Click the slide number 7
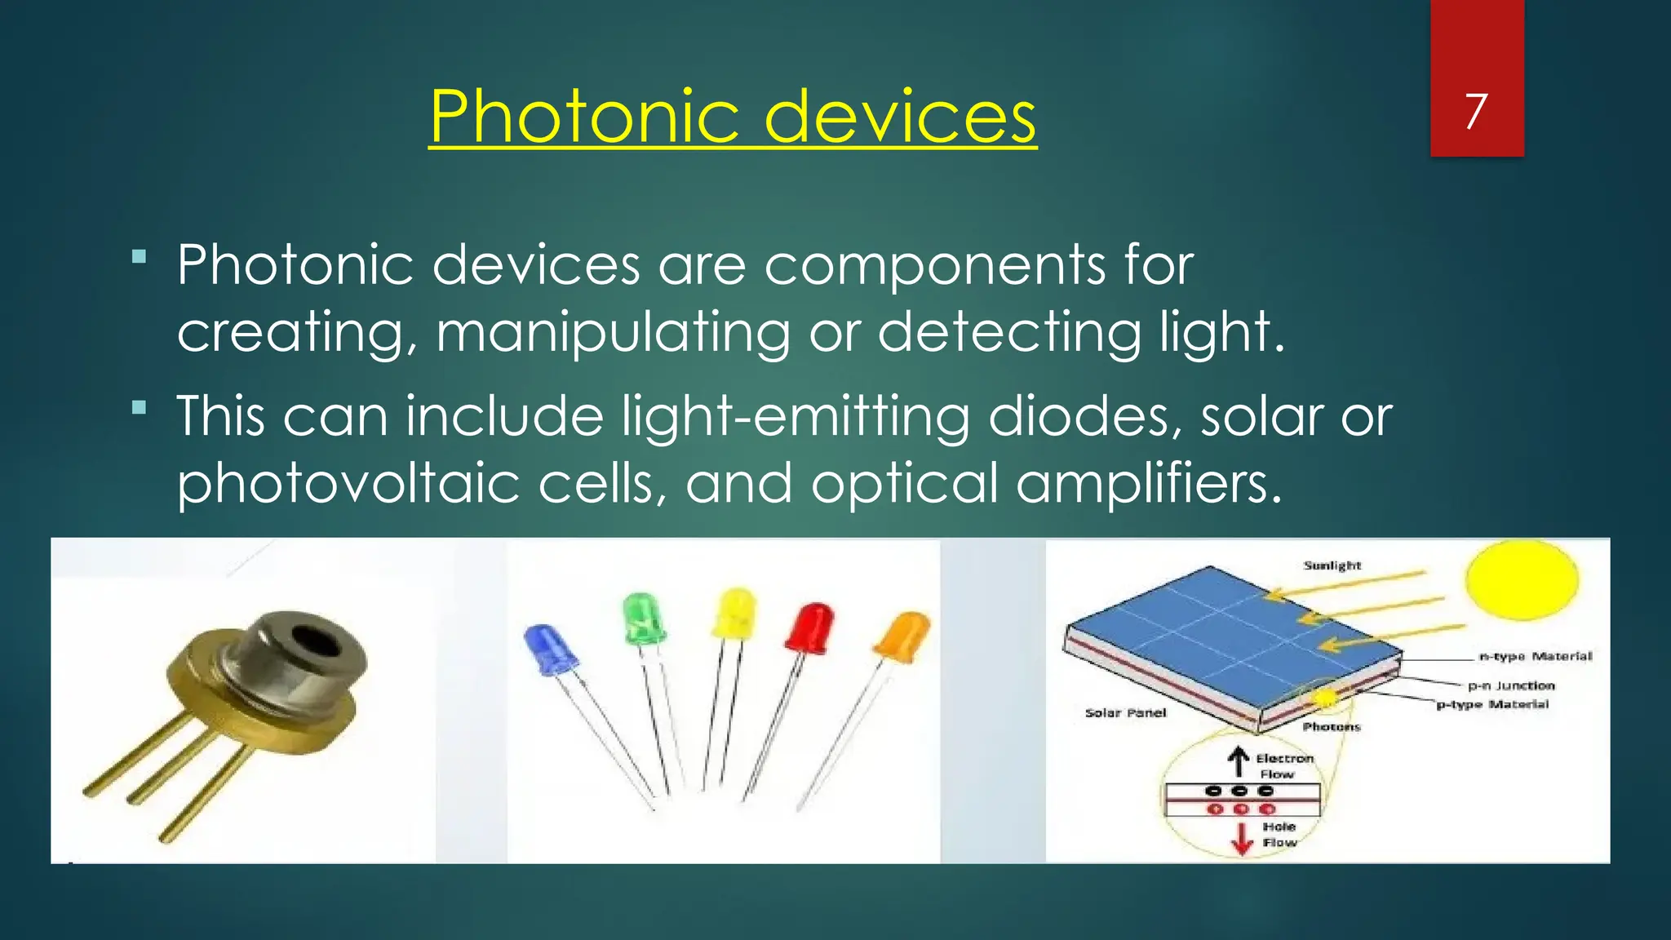pos(1476,112)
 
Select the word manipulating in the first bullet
pos(613,333)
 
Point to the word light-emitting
pos(796,416)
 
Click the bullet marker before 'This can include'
pos(140,407)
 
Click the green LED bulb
pos(644,619)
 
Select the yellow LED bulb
pos(734,613)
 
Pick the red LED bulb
pos(809,627)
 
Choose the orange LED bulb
pos(903,636)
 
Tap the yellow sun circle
pos(1521,579)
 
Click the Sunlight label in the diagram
pos(1332,565)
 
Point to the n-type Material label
pos(1536,656)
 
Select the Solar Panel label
pos(1125,713)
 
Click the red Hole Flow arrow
pos(1242,838)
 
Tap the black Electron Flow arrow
pos(1239,761)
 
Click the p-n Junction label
pos(1511,686)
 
